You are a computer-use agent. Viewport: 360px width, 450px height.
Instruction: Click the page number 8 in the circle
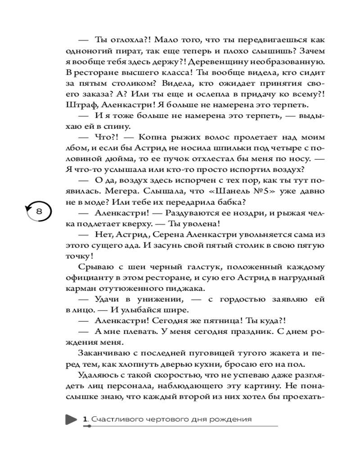(x=39, y=211)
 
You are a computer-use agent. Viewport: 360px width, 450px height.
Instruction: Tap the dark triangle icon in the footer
(x=71, y=419)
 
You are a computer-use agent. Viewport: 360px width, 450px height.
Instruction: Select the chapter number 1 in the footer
(x=85, y=419)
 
